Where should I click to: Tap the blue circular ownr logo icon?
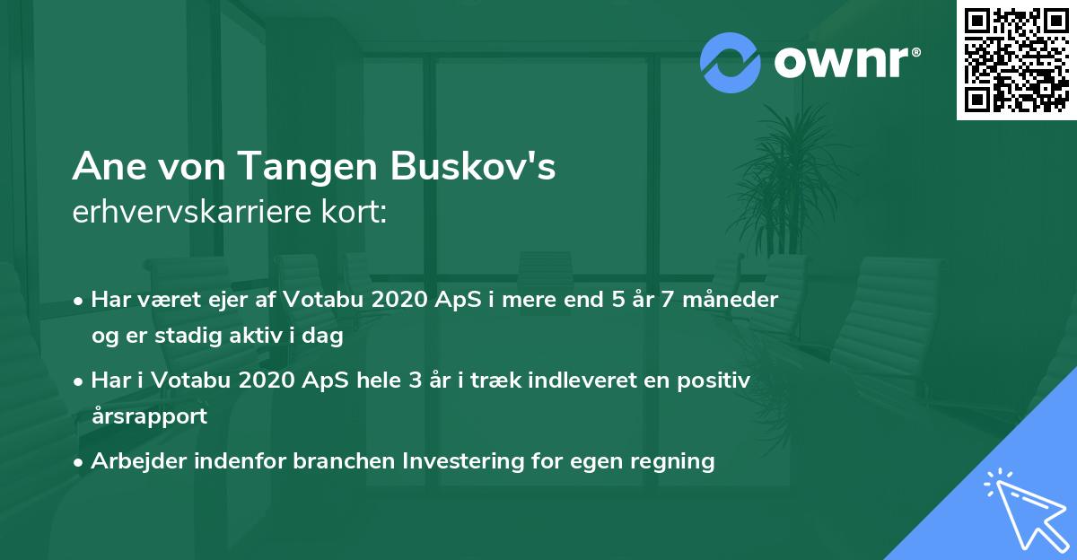[x=730, y=62]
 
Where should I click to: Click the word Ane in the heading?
[x=104, y=168]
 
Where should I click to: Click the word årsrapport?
[x=149, y=416]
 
